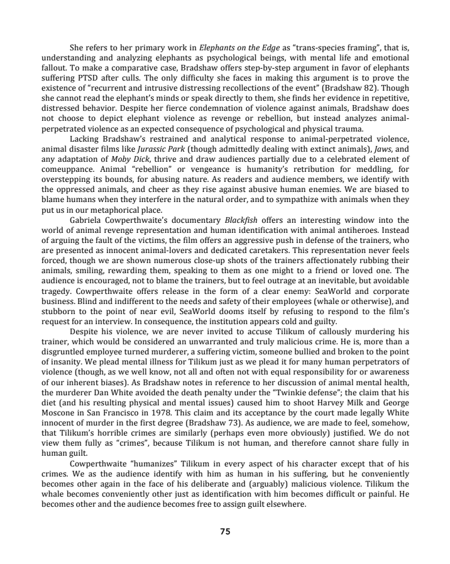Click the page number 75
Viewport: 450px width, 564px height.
pyautogui.click(x=225, y=531)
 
